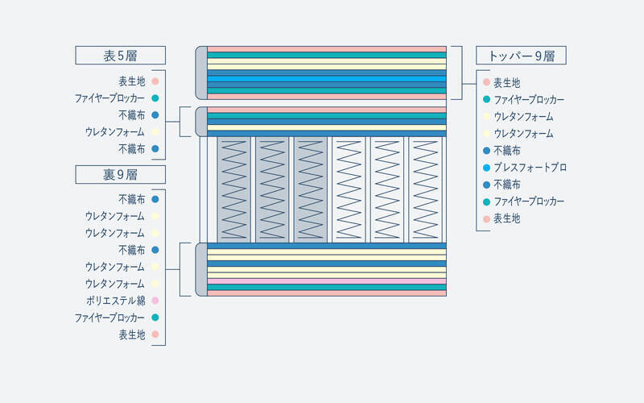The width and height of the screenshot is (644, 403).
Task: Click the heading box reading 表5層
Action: pos(120,55)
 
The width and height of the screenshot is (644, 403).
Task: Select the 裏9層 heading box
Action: pos(120,174)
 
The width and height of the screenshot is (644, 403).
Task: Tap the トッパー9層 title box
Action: pos(521,55)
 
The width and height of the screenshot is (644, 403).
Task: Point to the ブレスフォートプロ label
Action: pos(530,168)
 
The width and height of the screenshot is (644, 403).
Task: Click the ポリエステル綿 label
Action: pos(115,301)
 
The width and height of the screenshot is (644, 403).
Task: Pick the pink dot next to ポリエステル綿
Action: pos(155,301)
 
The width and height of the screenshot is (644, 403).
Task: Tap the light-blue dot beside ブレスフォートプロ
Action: pos(487,168)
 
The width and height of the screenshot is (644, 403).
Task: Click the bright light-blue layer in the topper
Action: pos(327,79)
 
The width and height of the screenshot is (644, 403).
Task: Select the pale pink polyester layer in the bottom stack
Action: pos(327,281)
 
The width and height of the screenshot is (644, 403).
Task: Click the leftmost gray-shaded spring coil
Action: pos(233,189)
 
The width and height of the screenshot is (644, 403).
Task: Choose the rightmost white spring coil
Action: pos(426,189)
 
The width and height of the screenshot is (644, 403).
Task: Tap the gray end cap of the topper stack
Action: pos(201,73)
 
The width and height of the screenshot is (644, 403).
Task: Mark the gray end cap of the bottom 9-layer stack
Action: pos(201,269)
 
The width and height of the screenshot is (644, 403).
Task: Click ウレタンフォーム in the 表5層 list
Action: pos(115,132)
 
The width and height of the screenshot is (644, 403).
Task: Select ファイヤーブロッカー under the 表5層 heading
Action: pos(109,98)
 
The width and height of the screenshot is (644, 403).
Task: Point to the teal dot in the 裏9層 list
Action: pos(155,318)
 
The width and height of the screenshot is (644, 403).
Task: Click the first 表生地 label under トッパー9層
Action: pos(507,83)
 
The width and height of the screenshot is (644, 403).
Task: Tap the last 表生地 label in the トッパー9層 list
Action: pos(507,218)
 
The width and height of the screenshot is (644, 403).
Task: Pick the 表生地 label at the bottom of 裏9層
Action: pos(132,334)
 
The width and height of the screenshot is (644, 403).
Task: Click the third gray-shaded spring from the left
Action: pos(311,189)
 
